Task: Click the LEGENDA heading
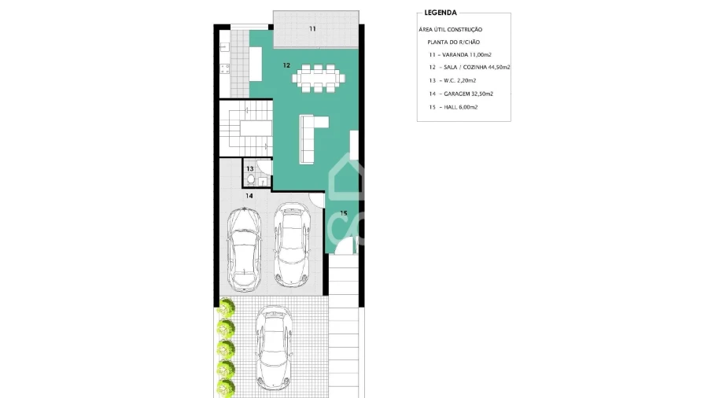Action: tap(441, 13)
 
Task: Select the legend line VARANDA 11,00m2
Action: tap(460, 54)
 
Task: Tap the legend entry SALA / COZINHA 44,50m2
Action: tap(470, 67)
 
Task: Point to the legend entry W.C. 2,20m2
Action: tap(452, 80)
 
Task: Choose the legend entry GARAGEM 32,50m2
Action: tap(461, 94)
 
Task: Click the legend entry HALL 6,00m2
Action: tap(453, 107)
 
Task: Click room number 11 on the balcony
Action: tap(312, 29)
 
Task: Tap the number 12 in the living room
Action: tap(286, 65)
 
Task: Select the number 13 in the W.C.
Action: tap(249, 169)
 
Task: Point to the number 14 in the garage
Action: tap(249, 196)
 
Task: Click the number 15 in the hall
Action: tap(344, 213)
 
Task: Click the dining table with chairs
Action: tap(319, 79)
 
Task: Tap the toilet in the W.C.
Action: tap(251, 179)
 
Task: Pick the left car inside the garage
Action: tap(245, 249)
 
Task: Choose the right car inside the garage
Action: tap(292, 244)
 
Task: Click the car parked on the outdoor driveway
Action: tap(274, 348)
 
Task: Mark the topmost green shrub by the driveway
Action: tap(226, 308)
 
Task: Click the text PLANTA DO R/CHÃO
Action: tap(453, 42)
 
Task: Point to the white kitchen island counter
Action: tap(256, 64)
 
